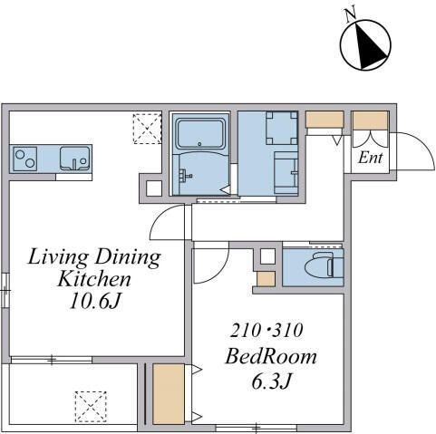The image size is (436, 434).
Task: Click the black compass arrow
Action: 367,46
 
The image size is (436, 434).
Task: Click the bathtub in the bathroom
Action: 201,133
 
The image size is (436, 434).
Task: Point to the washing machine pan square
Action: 281,127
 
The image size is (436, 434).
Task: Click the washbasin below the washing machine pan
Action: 285,172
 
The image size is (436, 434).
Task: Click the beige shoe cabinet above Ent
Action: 369,119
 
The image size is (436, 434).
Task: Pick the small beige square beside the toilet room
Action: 265,279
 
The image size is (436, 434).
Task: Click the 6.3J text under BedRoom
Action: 269,382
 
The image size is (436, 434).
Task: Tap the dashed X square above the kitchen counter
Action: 145,127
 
